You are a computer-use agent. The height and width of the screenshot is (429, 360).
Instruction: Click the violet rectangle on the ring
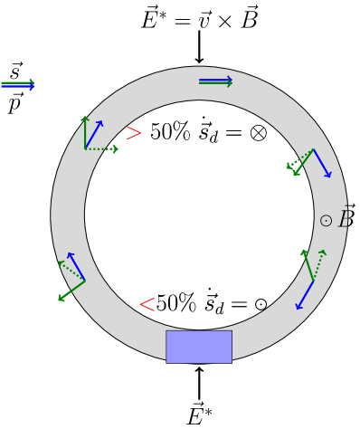click(198, 347)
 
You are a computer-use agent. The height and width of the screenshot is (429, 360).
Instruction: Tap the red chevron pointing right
click(134, 133)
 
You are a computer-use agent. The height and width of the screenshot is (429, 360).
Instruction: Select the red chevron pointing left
click(147, 304)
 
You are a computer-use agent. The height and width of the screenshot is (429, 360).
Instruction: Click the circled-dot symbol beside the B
click(326, 221)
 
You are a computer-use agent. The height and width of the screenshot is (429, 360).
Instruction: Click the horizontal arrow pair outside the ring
click(17, 85)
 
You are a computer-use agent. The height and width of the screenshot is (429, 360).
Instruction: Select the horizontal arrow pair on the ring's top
click(215, 81)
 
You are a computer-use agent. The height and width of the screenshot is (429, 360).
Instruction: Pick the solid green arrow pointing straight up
click(85, 132)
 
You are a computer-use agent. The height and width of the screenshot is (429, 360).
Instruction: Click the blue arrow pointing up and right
click(94, 134)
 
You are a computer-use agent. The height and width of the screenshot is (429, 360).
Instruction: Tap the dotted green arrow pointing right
click(101, 148)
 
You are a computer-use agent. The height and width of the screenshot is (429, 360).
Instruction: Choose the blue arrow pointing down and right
click(322, 163)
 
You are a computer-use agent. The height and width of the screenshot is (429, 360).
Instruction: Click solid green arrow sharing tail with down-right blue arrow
click(303, 162)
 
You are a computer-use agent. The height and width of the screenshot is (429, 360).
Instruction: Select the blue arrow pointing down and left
click(305, 295)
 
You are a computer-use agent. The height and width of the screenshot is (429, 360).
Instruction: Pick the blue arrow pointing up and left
click(77, 267)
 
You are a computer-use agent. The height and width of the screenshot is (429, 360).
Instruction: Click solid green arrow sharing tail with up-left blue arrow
click(71, 291)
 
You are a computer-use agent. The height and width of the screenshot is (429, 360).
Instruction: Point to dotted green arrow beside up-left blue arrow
click(71, 271)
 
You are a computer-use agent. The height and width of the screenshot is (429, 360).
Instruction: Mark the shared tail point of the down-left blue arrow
click(314, 281)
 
